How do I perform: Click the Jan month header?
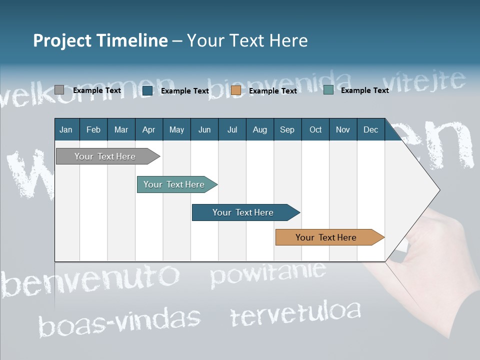pyautogui.click(x=66, y=129)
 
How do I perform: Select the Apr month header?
pyautogui.click(x=148, y=129)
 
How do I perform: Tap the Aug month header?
pyautogui.click(x=259, y=129)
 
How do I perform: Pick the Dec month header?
pyautogui.click(x=370, y=129)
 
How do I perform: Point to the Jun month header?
pyautogui.click(x=204, y=129)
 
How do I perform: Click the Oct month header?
pyautogui.click(x=315, y=129)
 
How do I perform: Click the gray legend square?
pyautogui.click(x=59, y=90)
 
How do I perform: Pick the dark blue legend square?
pyautogui.click(x=147, y=90)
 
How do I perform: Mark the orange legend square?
pyautogui.click(x=236, y=90)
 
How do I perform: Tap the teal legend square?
pyautogui.click(x=328, y=90)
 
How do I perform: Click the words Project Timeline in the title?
pyautogui.click(x=100, y=40)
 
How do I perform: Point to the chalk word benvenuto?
pyautogui.click(x=90, y=280)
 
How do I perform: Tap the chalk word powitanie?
pyautogui.click(x=267, y=274)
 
